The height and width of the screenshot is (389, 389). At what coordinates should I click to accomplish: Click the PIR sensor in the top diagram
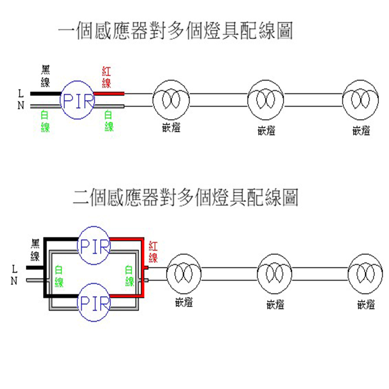click(x=77, y=100)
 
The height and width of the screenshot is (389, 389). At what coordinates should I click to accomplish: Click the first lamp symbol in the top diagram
click(x=171, y=100)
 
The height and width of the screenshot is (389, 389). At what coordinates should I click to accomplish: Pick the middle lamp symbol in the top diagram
click(x=266, y=100)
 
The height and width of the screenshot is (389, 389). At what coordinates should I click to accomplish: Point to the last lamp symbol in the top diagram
click(x=360, y=100)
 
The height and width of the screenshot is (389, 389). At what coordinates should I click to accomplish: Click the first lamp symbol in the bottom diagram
click(x=184, y=275)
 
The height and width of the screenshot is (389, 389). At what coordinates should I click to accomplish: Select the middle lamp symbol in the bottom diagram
click(x=275, y=275)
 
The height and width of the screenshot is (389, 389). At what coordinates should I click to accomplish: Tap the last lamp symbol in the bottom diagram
click(x=366, y=275)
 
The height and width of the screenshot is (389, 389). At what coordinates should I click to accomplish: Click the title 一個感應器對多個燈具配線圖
click(x=175, y=32)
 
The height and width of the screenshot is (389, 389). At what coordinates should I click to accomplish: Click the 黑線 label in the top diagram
click(x=45, y=77)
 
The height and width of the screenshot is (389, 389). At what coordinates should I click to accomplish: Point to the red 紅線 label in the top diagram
click(x=107, y=77)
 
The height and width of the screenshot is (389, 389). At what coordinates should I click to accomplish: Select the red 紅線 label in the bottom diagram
click(x=153, y=251)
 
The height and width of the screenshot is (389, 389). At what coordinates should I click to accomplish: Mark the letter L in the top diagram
click(x=20, y=92)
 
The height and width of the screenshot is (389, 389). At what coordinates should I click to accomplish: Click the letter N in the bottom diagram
click(x=14, y=281)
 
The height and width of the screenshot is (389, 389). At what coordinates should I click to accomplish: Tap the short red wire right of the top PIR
click(x=109, y=93)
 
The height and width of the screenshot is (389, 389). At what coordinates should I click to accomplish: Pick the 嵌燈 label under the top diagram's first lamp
click(x=171, y=129)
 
